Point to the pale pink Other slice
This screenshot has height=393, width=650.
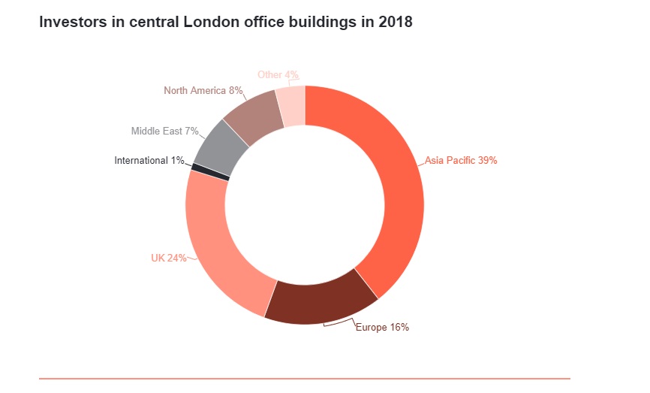(x=291, y=105)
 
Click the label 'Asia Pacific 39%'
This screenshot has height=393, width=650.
(x=461, y=160)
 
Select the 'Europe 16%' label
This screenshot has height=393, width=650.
(x=382, y=327)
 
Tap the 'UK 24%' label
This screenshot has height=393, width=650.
(x=168, y=258)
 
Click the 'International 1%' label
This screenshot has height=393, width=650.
(x=149, y=160)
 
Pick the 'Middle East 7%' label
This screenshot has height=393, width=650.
(x=164, y=131)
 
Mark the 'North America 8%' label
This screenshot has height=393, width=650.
(x=203, y=91)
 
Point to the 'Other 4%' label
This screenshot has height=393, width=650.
(x=278, y=74)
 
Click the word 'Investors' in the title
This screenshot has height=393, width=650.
(x=73, y=22)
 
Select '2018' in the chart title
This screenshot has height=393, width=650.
(x=395, y=22)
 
